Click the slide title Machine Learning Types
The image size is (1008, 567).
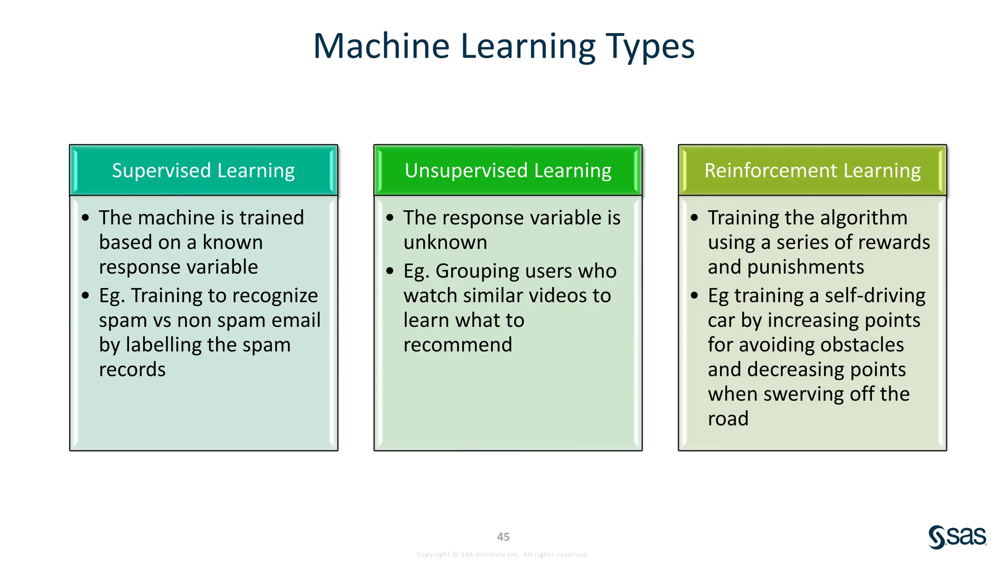504,46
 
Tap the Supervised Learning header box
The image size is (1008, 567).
203,170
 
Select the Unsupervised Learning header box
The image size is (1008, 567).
508,170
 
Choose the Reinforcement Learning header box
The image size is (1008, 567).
812,170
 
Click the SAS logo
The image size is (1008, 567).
957,537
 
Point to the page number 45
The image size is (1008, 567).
503,537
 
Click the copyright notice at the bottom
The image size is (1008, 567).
503,555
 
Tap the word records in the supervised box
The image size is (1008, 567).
132,370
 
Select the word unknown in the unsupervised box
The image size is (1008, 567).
445,243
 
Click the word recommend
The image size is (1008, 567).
458,345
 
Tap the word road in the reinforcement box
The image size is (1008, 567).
728,419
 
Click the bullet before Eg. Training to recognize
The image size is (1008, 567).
86,296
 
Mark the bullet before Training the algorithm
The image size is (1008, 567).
694,218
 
